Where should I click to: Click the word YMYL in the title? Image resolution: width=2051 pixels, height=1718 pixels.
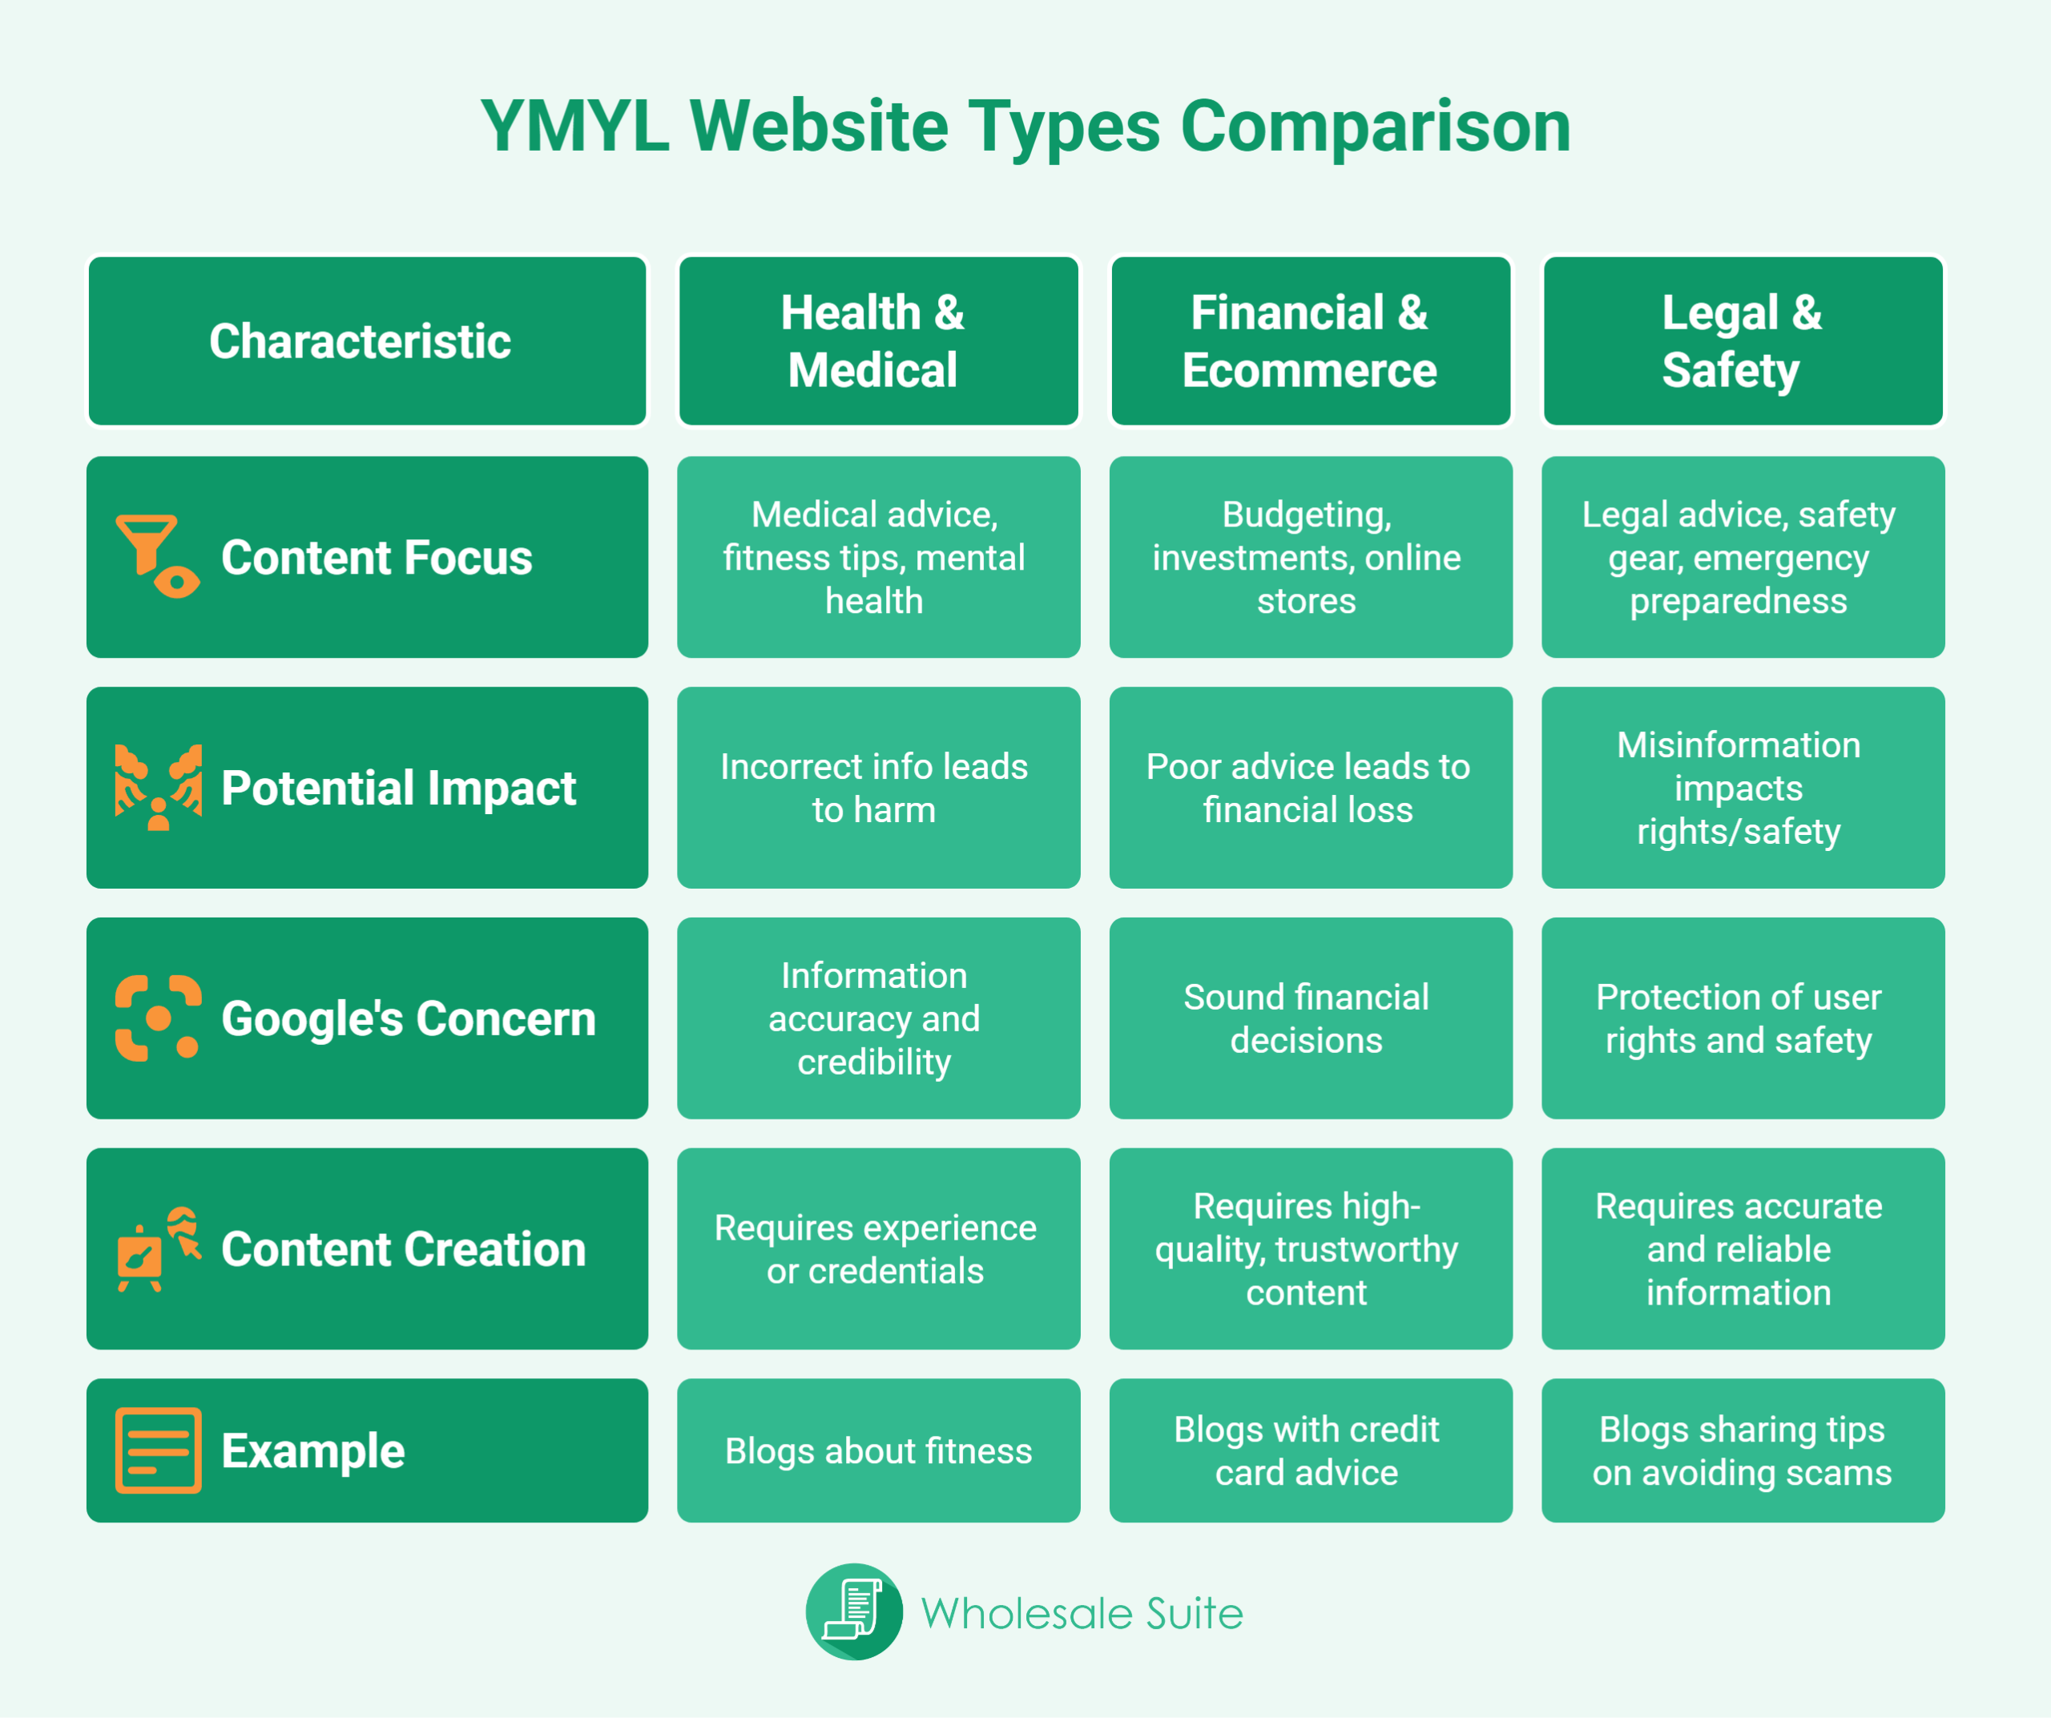pyautogui.click(x=575, y=126)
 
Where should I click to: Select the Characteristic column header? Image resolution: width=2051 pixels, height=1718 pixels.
pyautogui.click(x=367, y=341)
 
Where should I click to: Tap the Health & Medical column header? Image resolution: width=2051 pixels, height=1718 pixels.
pyautogui.click(x=878, y=341)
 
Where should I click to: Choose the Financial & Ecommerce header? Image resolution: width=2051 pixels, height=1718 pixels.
pyautogui.click(x=1311, y=341)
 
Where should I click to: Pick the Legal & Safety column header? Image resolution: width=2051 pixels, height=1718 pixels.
pyautogui.click(x=1743, y=341)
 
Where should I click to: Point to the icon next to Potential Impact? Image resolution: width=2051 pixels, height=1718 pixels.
pyautogui.click(x=158, y=787)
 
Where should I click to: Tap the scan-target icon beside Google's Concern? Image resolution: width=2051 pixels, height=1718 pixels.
pyautogui.click(x=158, y=1018)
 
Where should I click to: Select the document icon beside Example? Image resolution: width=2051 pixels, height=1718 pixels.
pyautogui.click(x=158, y=1450)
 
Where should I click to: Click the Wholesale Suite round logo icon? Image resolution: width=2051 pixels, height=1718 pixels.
pyautogui.click(x=853, y=1611)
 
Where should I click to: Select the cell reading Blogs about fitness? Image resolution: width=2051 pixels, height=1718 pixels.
pyautogui.click(x=878, y=1450)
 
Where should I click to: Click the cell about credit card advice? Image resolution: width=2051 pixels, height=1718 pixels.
pyautogui.click(x=1311, y=1450)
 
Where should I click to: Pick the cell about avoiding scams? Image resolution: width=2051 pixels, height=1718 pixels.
pyautogui.click(x=1743, y=1450)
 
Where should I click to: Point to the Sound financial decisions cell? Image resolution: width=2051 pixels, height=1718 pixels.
pyautogui.click(x=1311, y=1018)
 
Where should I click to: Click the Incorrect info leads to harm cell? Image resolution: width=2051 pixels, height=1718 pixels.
pyautogui.click(x=878, y=787)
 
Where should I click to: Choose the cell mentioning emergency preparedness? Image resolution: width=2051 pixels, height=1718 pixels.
pyautogui.click(x=1743, y=557)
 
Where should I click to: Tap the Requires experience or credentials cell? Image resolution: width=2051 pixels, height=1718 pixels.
pyautogui.click(x=878, y=1248)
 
